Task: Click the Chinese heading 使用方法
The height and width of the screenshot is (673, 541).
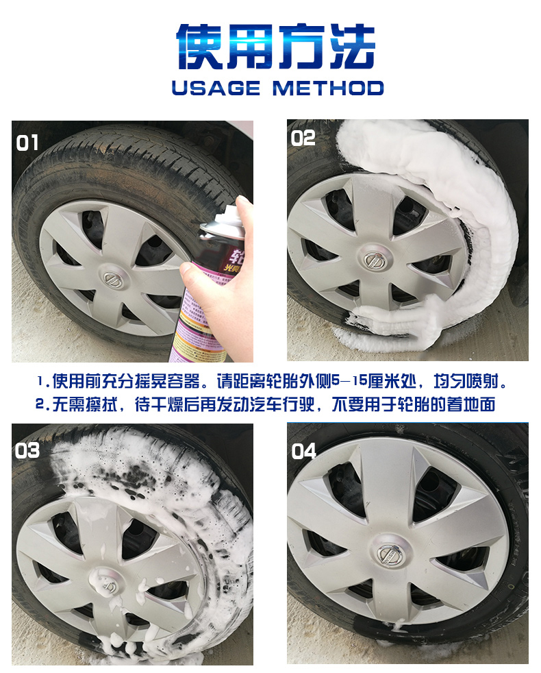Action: [x=276, y=47]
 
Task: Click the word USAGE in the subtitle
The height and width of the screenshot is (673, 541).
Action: [x=216, y=88]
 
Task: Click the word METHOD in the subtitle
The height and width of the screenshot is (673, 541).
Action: [x=328, y=88]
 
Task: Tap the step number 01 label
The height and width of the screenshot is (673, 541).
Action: [x=27, y=143]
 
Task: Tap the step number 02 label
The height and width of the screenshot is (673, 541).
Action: [x=303, y=138]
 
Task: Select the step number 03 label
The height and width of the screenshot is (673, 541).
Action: [x=27, y=450]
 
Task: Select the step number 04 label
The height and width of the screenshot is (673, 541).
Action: [x=303, y=451]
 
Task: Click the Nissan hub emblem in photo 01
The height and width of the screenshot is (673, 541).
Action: [x=113, y=279]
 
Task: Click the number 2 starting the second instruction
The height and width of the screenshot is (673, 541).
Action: [x=40, y=404]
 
